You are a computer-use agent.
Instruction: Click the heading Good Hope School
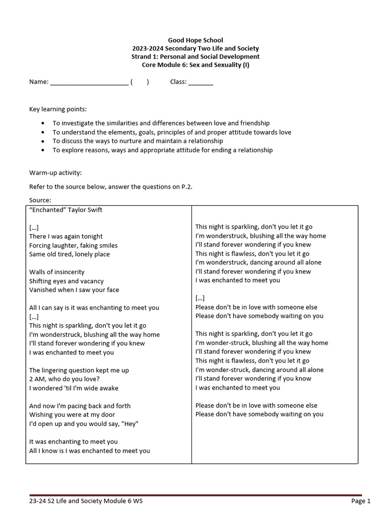point(195,40)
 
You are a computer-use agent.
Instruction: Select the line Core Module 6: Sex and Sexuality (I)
point(195,65)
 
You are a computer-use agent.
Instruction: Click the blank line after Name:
point(89,82)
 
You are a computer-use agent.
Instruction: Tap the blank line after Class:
point(201,82)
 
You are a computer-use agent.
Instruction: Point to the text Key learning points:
point(58,109)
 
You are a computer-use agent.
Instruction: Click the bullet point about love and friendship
point(161,123)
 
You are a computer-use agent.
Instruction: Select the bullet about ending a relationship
point(162,150)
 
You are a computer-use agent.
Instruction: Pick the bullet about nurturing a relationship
point(137,141)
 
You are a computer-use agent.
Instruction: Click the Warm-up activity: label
point(55,173)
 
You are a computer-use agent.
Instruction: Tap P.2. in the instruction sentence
point(186,187)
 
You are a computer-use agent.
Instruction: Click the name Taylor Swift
point(84,210)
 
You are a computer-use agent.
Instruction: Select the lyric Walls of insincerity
point(57,272)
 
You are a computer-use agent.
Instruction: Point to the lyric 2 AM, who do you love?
point(64,379)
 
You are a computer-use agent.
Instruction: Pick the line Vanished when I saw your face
point(74,290)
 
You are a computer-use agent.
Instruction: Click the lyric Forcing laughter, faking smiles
point(73,245)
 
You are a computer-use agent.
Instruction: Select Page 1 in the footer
point(361,501)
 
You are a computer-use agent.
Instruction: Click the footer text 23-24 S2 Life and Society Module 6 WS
point(89,501)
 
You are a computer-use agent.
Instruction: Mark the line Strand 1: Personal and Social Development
point(195,57)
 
